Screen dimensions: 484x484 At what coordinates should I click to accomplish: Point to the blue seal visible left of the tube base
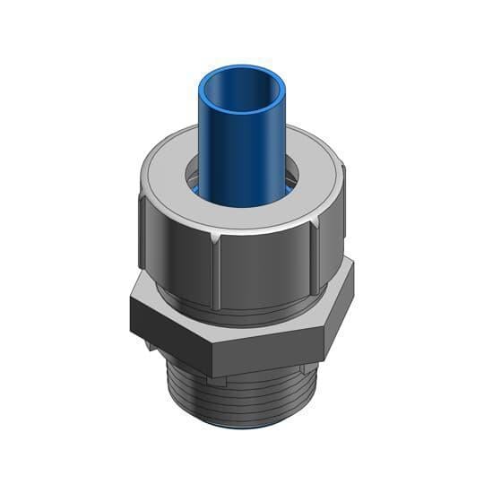[x=194, y=189]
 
